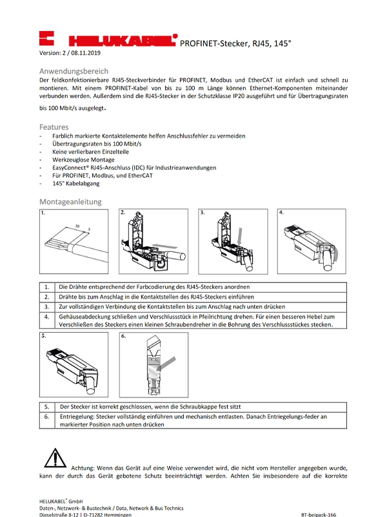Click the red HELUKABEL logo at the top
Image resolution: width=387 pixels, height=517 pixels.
click(x=108, y=39)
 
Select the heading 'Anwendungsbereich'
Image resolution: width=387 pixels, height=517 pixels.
click(x=74, y=70)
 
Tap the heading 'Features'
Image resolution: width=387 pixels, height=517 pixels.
click(x=54, y=127)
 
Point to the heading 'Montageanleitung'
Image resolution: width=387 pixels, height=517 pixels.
click(x=70, y=202)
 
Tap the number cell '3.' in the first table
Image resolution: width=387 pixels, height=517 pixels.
click(x=47, y=306)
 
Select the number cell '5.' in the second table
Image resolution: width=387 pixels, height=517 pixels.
click(x=47, y=407)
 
